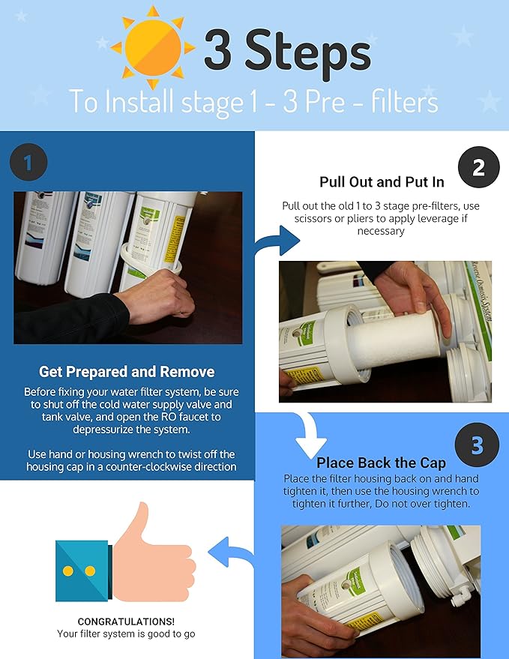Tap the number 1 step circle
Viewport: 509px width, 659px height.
(x=28, y=161)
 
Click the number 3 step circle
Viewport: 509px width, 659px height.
(x=477, y=445)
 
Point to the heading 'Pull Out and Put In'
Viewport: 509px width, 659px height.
(x=382, y=182)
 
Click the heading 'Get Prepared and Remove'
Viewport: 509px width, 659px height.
(x=127, y=372)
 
